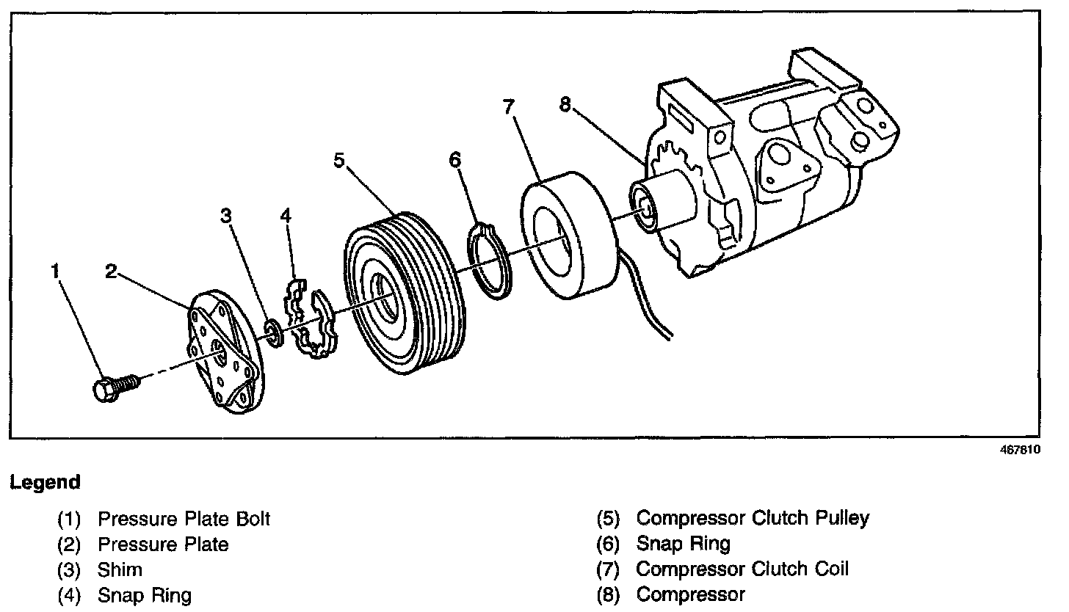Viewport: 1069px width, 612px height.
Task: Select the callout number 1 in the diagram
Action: [x=55, y=272]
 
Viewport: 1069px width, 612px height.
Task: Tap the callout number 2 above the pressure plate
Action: [x=110, y=272]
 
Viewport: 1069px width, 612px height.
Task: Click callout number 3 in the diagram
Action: [x=227, y=215]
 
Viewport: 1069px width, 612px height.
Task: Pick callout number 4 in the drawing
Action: [x=286, y=215]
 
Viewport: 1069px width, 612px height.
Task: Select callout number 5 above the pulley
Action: [x=338, y=160]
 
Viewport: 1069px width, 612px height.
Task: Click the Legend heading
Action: [x=45, y=483]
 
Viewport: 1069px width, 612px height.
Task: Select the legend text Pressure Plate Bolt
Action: [x=184, y=519]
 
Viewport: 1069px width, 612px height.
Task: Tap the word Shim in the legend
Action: [x=120, y=569]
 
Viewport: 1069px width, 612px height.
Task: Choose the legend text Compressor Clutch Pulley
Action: [x=752, y=518]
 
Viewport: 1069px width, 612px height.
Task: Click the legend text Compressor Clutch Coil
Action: [x=742, y=569]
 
